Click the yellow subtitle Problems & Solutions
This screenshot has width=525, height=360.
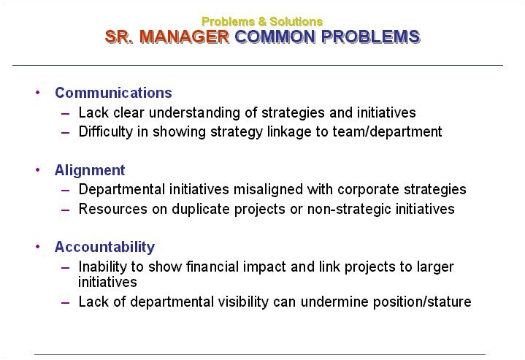tap(262, 22)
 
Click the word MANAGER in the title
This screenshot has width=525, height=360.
tap(184, 37)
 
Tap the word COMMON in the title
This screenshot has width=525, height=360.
tap(275, 37)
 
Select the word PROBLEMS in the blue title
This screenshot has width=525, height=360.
tap(371, 37)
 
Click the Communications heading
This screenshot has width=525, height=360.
tap(113, 93)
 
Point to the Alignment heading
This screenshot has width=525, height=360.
tap(90, 170)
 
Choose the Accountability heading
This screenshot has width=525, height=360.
tap(104, 247)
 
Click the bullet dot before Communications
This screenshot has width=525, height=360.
tap(37, 93)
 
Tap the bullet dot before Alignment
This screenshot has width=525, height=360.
tap(37, 170)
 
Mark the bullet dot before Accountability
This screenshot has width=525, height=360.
tap(37, 247)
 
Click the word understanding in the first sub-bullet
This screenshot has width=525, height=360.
tap(194, 113)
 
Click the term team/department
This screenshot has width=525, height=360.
tap(387, 132)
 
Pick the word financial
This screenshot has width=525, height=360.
tap(212, 267)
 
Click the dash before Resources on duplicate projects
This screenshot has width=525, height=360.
tap(65, 210)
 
